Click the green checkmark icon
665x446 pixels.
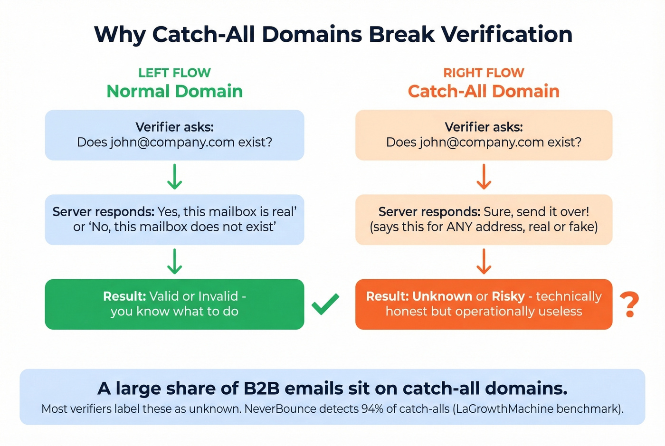pos(325,304)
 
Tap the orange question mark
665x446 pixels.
pos(630,305)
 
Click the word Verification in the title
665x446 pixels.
pos(507,34)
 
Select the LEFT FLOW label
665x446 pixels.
pos(174,73)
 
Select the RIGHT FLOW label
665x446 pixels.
pos(484,73)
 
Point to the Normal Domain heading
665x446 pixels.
pos(174,91)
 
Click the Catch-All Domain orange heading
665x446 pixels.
pos(484,91)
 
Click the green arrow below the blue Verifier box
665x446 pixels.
pos(174,177)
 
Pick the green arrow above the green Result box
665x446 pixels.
pos(174,261)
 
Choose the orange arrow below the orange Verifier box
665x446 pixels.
pos(484,177)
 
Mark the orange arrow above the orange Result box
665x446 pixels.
pos(484,261)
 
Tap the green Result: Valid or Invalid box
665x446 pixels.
pos(174,304)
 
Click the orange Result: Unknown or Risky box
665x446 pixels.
pos(484,304)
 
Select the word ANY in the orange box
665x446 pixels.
pos(459,227)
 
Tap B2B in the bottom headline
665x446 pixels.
pos(261,389)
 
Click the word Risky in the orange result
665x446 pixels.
pos(508,296)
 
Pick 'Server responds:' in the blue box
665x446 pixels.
pos(104,212)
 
